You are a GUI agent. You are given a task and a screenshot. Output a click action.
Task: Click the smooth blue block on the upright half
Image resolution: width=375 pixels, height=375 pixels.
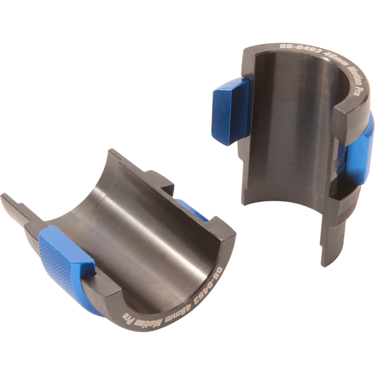pos(230,111)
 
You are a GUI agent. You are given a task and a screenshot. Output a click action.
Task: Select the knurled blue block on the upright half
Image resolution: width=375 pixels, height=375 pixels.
pos(358,153)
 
